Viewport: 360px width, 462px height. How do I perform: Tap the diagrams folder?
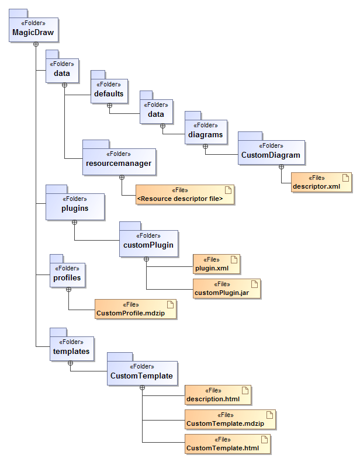coord(205,131)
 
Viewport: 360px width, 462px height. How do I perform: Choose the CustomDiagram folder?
coord(271,152)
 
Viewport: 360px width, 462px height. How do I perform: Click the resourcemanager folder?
coord(119,161)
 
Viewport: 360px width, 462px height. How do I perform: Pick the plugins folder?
coord(75,205)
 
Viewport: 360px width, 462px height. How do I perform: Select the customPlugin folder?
coord(148,242)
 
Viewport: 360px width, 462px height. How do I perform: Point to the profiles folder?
coord(67,275)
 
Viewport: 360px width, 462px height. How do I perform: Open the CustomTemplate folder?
coord(141,372)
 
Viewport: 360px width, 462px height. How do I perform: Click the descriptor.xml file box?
coord(321,183)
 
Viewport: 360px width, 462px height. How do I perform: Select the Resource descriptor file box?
coord(185,195)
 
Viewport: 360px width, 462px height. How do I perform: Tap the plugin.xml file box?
coord(216,264)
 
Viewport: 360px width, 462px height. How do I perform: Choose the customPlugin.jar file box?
coord(226,289)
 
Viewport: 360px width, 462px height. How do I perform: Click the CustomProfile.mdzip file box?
coord(135,310)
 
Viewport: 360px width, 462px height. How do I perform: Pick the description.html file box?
coord(218,395)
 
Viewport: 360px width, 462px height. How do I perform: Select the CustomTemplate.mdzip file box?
coord(230,419)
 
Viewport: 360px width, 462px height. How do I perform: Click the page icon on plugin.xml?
coord(234,259)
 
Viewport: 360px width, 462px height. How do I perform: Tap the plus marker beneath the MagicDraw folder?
coord(35,44)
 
